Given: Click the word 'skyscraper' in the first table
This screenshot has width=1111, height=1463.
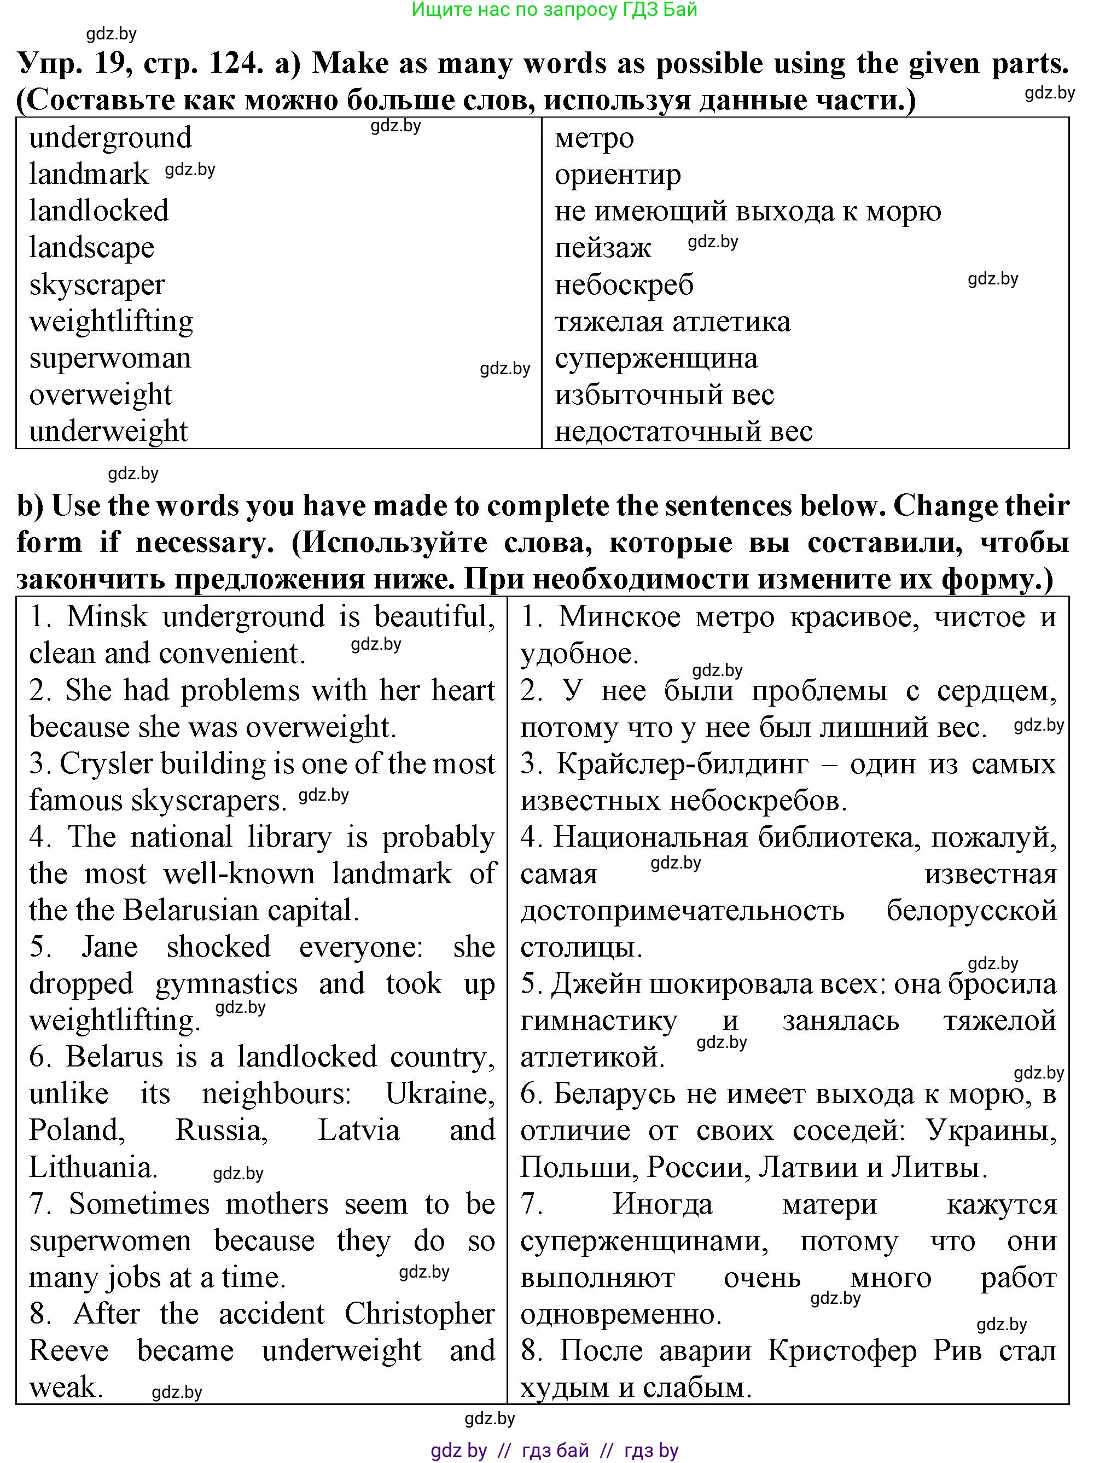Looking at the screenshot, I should point(97,285).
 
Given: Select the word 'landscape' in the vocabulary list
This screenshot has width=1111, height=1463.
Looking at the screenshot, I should point(91,248).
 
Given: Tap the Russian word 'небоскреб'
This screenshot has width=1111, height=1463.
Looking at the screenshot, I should point(624,285).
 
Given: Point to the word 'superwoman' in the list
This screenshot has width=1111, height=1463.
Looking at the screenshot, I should point(110,358).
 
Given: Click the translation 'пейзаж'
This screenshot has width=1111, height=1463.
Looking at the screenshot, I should point(603,248).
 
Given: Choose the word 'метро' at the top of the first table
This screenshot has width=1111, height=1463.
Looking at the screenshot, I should point(594,138).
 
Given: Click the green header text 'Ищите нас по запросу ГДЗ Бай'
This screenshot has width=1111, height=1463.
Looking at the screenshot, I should point(555,9).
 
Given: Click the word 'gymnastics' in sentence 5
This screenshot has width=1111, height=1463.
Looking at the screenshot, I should point(226,983).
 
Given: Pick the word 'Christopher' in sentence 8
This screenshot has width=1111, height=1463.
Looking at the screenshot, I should point(420,1314).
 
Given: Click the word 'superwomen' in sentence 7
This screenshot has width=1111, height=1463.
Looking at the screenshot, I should point(110,1241).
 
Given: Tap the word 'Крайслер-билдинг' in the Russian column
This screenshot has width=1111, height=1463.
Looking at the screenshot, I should point(682,764).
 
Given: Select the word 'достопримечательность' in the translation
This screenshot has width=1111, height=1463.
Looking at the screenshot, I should point(682,911).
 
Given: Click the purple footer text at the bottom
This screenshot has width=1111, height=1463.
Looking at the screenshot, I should point(555,1450).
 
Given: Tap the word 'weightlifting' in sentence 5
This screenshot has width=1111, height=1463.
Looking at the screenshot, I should point(114,1021).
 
